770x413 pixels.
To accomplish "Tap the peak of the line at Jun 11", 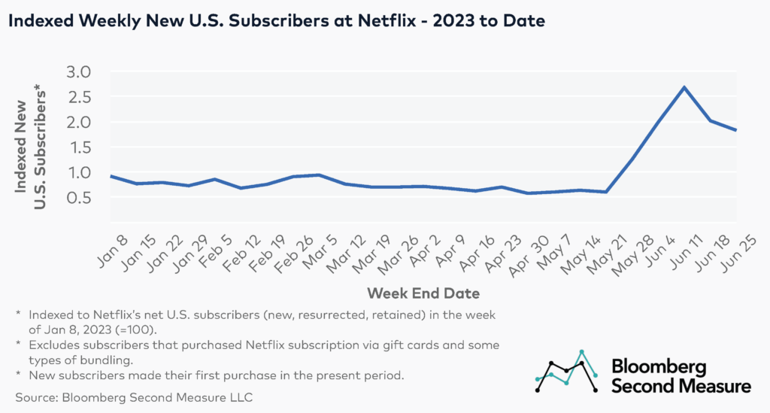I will pyautogui.click(x=684, y=87).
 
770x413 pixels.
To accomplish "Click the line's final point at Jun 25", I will pyautogui.click(x=735, y=130).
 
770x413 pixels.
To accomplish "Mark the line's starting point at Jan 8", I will pyautogui.click(x=111, y=176).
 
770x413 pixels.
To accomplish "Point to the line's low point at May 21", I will pyautogui.click(x=607, y=192).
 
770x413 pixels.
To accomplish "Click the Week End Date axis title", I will pyautogui.click(x=423, y=291).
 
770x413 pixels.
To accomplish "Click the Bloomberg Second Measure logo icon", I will pyautogui.click(x=566, y=372).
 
